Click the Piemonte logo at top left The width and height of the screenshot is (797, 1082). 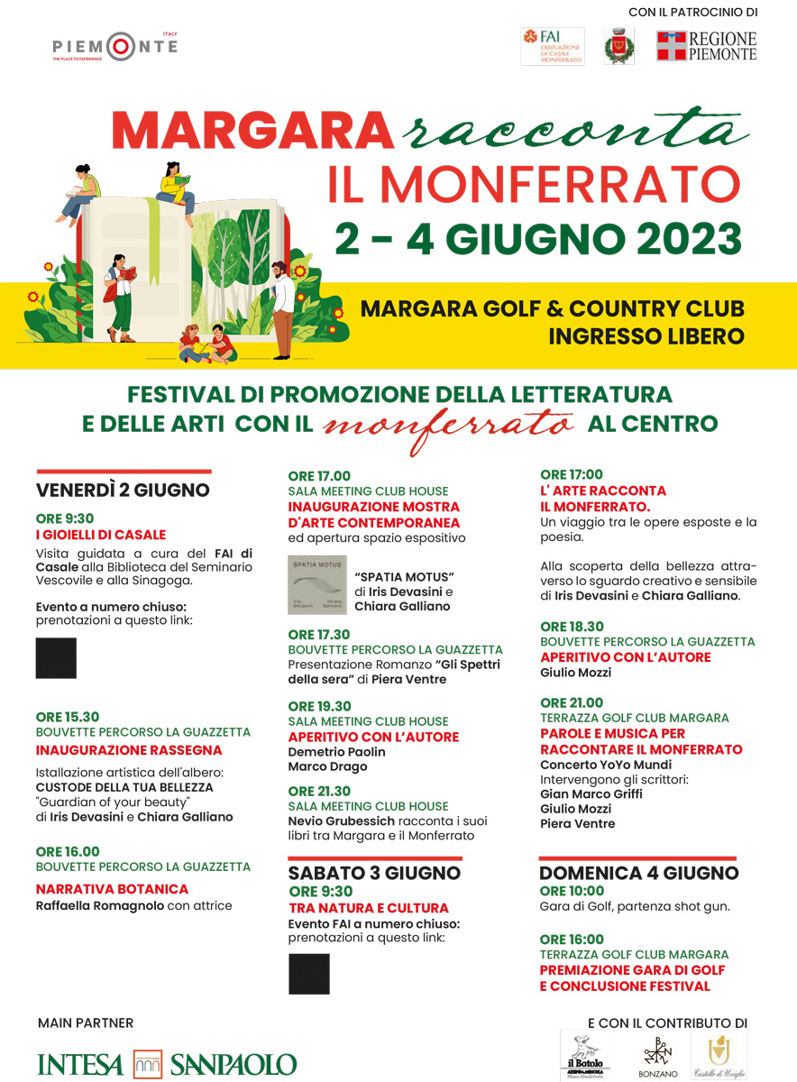pyautogui.click(x=115, y=46)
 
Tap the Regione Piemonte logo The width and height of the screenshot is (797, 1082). pyautogui.click(x=706, y=46)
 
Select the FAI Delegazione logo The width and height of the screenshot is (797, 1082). pyautogui.click(x=552, y=46)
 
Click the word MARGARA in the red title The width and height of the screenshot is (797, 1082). pyautogui.click(x=252, y=132)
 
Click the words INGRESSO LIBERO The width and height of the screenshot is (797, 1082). pyautogui.click(x=646, y=336)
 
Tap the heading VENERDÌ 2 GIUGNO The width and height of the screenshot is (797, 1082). pyautogui.click(x=123, y=491)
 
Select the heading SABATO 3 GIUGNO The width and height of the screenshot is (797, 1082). pyautogui.click(x=374, y=873)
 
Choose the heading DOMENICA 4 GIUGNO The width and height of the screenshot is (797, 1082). pyautogui.click(x=638, y=873)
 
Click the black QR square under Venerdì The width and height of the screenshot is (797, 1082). pyautogui.click(x=56, y=658)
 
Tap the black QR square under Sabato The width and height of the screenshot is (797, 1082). pyautogui.click(x=308, y=974)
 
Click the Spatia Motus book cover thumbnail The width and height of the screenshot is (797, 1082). pyautogui.click(x=316, y=585)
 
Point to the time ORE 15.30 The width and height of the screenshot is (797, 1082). pyautogui.click(x=68, y=717)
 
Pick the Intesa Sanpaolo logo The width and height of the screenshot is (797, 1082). pyautogui.click(x=167, y=1064)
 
